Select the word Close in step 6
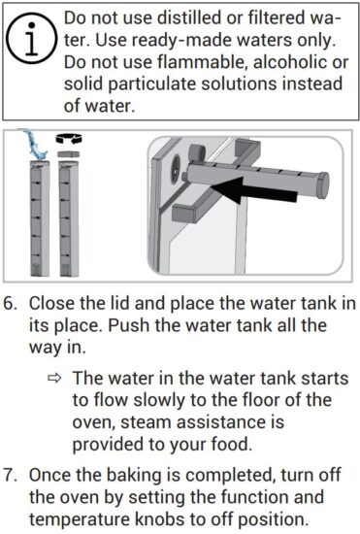[x=52, y=304]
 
